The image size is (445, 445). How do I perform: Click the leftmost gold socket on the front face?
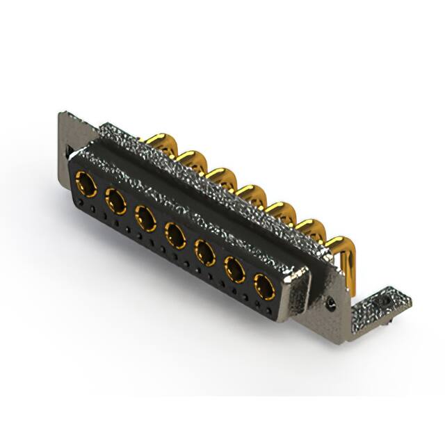coord(87,184)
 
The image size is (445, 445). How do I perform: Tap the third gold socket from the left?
coord(146,218)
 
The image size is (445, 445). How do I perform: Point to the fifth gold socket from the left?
coord(205,251)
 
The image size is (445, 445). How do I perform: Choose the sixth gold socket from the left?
coord(234,268)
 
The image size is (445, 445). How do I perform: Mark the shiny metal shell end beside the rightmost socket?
coord(297,290)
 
